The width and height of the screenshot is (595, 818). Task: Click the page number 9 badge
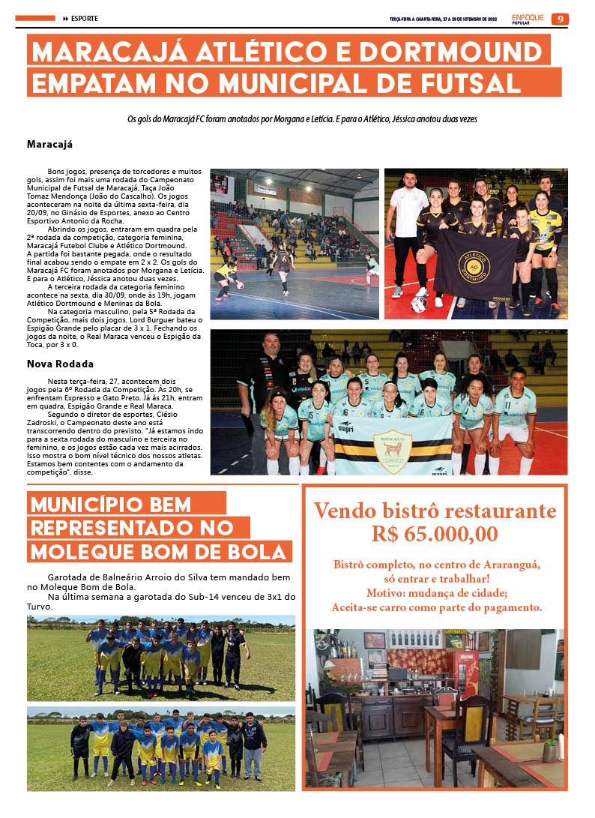(x=560, y=19)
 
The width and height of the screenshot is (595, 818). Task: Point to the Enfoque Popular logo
(x=528, y=18)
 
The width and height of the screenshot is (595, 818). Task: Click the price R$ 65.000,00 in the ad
(x=435, y=533)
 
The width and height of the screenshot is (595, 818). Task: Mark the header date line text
(x=444, y=19)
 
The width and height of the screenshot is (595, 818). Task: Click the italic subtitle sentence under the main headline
(x=302, y=118)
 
